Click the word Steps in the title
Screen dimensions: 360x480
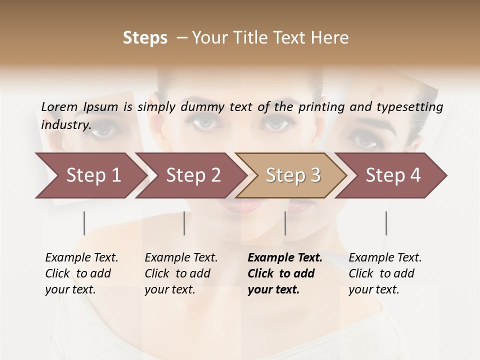[x=145, y=37]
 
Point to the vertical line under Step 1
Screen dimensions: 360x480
[x=84, y=223]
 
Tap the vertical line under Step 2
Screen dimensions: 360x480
[x=184, y=223]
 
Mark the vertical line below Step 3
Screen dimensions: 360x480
[x=285, y=223]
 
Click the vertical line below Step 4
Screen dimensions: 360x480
[x=386, y=223]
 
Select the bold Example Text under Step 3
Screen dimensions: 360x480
[x=284, y=273]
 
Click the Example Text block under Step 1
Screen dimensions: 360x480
[x=81, y=273]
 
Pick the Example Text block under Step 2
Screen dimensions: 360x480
[x=181, y=273]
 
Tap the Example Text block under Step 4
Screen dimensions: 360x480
[x=385, y=273]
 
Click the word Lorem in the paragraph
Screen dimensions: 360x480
[x=59, y=106]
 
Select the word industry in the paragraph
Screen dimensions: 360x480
[x=65, y=124]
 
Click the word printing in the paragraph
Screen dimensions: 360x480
[x=320, y=106]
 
